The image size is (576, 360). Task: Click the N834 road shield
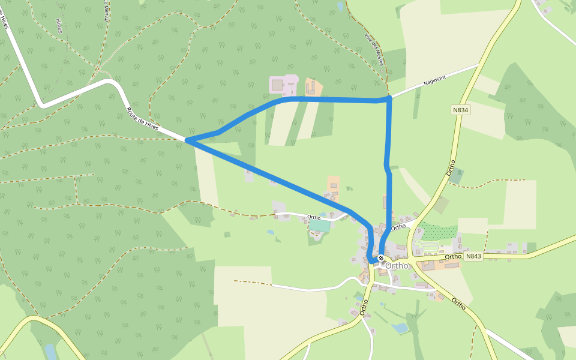(x=461, y=110)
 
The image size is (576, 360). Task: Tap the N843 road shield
(x=473, y=256)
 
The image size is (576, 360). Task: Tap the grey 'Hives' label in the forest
(x=58, y=25)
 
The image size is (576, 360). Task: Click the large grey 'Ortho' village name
(x=397, y=265)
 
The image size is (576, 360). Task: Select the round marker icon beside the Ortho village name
(x=380, y=258)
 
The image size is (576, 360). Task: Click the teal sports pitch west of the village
(x=320, y=226)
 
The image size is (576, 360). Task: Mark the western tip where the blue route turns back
(x=188, y=140)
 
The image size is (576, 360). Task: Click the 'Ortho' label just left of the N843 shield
(x=453, y=257)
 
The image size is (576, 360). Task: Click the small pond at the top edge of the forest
(x=341, y=7)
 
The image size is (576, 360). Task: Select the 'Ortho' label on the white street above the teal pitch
(x=313, y=217)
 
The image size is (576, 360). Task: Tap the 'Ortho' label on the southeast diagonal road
(x=459, y=304)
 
